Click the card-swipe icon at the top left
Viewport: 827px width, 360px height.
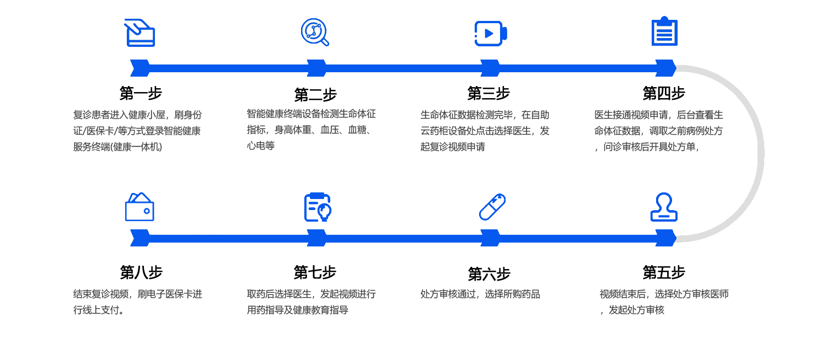tap(139, 33)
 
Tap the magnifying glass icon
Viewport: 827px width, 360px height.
tap(315, 32)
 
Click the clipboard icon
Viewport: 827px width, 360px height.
tap(664, 32)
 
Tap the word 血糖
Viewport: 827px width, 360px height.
tap(357, 131)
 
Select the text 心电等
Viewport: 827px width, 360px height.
tap(261, 146)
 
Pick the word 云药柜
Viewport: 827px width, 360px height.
tap(434, 131)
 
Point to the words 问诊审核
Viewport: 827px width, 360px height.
tap(622, 147)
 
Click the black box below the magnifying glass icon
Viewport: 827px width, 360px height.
tap(315, 95)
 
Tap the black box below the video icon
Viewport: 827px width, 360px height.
tap(488, 93)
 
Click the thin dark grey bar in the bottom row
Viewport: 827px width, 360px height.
tap(480, 294)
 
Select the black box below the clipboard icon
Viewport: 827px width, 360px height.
tap(664, 93)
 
